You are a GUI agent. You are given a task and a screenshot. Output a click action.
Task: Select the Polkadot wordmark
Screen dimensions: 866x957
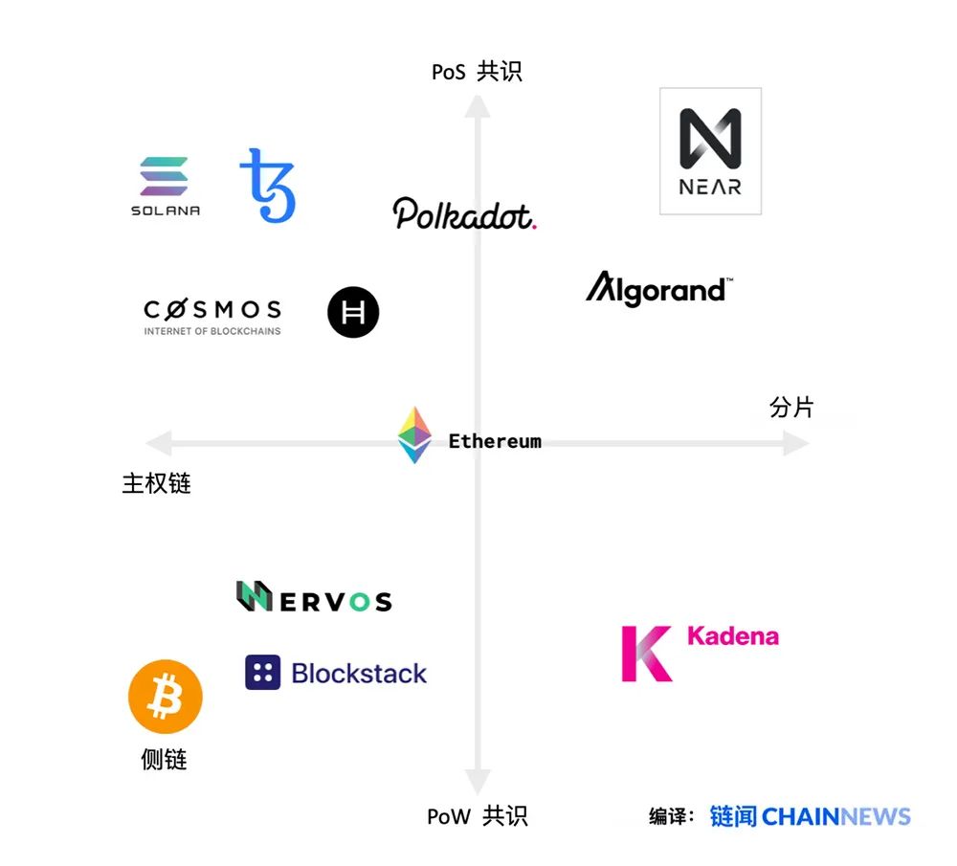click(464, 213)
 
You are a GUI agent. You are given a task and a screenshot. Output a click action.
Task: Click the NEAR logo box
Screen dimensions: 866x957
click(710, 151)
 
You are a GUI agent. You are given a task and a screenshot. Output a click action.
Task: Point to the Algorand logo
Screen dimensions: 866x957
click(658, 288)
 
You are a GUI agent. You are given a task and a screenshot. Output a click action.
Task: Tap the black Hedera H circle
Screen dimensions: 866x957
click(353, 312)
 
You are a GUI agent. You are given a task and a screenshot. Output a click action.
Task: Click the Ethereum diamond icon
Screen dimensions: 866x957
click(414, 435)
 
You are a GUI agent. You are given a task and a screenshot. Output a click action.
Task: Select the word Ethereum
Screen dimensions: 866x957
click(495, 441)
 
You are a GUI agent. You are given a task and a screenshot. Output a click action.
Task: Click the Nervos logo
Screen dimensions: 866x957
click(314, 597)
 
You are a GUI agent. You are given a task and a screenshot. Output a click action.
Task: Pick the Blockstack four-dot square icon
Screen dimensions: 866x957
click(262, 673)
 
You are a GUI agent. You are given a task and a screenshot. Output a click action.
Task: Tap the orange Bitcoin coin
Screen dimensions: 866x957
click(166, 697)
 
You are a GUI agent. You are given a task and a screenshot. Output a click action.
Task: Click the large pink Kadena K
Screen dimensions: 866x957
click(646, 654)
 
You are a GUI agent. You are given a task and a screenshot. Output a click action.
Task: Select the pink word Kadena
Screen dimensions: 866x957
click(733, 636)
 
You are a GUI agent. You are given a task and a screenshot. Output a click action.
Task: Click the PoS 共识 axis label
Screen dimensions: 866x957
click(477, 72)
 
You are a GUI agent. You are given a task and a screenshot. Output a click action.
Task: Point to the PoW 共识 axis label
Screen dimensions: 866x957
click(477, 816)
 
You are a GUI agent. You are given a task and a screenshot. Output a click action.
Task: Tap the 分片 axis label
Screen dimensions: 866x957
click(791, 408)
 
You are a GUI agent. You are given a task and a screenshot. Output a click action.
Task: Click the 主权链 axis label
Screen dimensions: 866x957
click(157, 483)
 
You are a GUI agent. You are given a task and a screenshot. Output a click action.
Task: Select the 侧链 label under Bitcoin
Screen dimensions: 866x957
click(164, 760)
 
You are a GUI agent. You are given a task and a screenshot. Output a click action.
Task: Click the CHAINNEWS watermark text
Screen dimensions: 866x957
click(836, 816)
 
